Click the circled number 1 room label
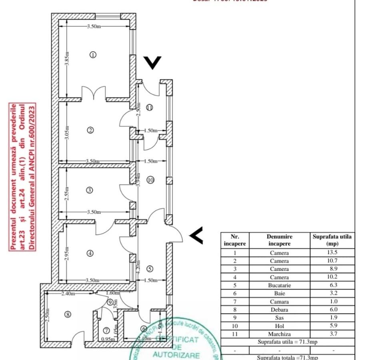coord(93,55)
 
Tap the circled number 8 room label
coord(68,314)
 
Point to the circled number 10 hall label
coord(150,180)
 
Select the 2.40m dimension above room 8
coord(68,294)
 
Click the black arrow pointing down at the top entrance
coord(152,62)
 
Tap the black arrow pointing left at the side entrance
coord(196,236)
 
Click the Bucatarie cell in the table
coord(279,285)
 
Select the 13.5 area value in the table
coord(332,253)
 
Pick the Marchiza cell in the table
coord(279,334)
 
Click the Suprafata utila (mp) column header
coord(332,240)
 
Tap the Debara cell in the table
coord(279,310)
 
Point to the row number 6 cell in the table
coord(235,293)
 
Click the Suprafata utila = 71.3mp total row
coord(288,342)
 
